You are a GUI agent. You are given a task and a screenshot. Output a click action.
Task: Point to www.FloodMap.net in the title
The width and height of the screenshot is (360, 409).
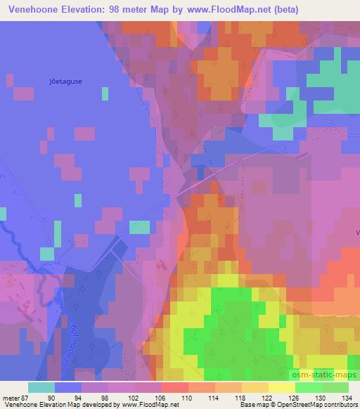point(229,10)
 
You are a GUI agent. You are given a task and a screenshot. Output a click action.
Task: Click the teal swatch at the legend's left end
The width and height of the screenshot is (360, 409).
point(41,387)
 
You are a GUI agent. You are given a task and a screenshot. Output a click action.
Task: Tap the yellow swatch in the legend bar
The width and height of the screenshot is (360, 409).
point(281,387)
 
